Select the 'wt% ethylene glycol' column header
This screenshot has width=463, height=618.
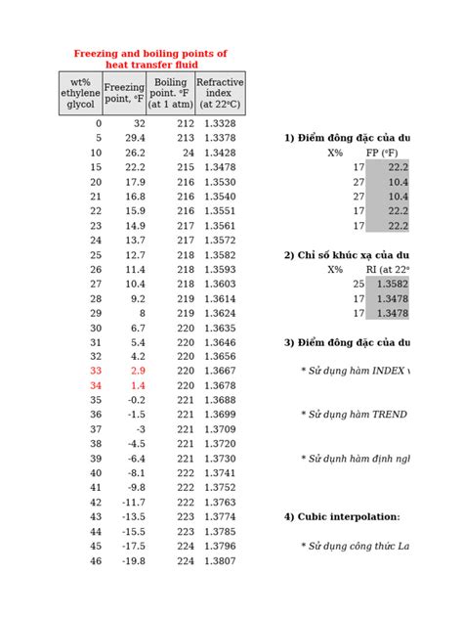point(80,93)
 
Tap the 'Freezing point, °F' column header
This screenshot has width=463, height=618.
point(124,93)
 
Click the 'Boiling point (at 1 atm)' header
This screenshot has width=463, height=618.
point(171,93)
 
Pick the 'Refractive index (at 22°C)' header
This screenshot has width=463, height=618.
point(220,93)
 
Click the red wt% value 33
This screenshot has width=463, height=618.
point(95,372)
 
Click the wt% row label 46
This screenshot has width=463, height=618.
point(95,560)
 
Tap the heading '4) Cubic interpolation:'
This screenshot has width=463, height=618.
point(342,516)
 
